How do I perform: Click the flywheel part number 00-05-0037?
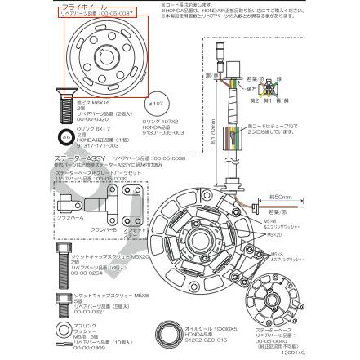point(98,13)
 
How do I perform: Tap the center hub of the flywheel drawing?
point(105,56)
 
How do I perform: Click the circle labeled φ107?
point(158,104)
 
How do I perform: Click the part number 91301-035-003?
point(163,133)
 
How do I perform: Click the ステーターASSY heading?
point(70,157)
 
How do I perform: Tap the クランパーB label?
point(103,231)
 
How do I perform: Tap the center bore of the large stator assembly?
point(199,239)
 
